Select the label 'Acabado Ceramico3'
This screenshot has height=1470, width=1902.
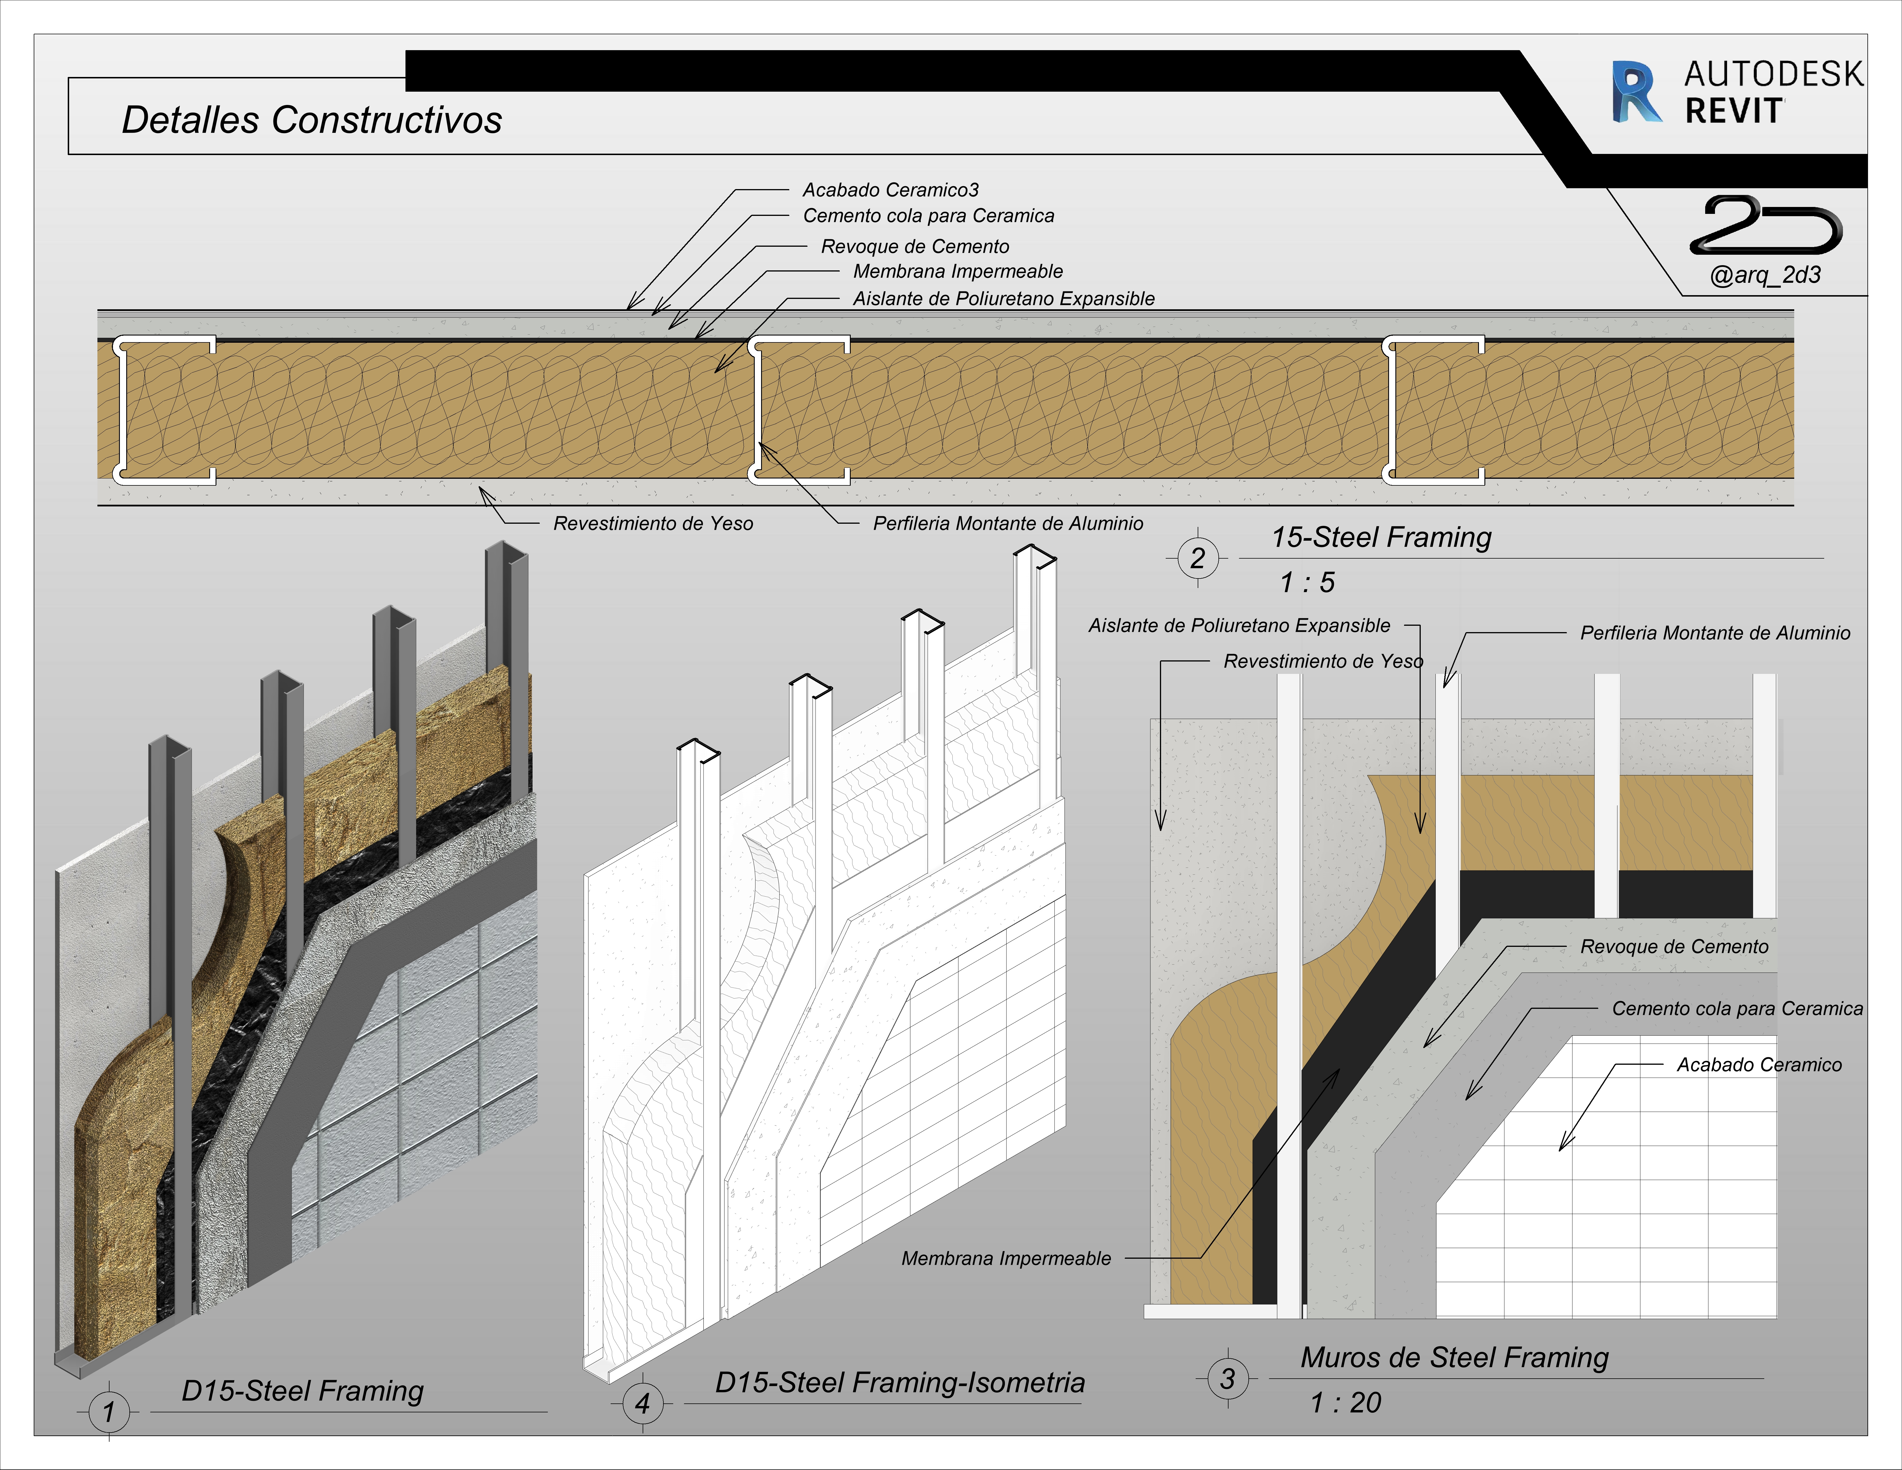point(890,190)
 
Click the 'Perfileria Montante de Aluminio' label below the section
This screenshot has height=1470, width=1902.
point(1007,523)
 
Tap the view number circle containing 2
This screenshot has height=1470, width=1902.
point(1197,558)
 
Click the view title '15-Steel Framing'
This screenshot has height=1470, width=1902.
point(1381,537)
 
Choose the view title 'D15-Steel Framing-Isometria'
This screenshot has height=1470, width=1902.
point(900,1383)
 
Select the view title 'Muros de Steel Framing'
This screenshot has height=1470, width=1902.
point(1454,1358)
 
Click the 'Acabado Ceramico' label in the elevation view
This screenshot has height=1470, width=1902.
point(1759,1065)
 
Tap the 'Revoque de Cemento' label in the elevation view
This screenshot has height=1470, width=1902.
point(1674,947)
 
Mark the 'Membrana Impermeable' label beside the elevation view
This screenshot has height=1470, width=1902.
point(1006,1258)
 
